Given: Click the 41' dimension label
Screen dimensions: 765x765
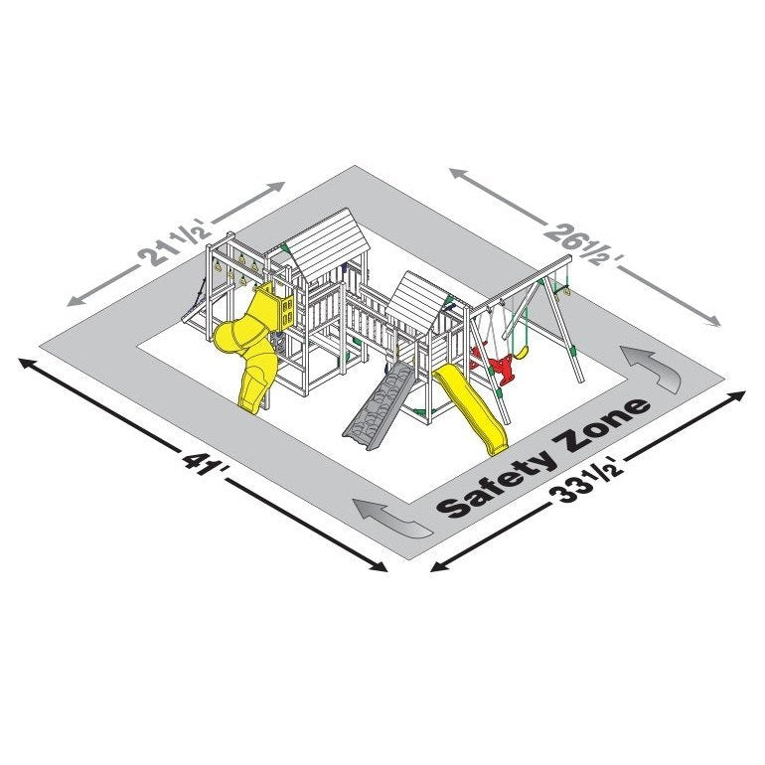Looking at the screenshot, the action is (204, 466).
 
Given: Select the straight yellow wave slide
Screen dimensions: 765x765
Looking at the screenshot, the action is (469, 408).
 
